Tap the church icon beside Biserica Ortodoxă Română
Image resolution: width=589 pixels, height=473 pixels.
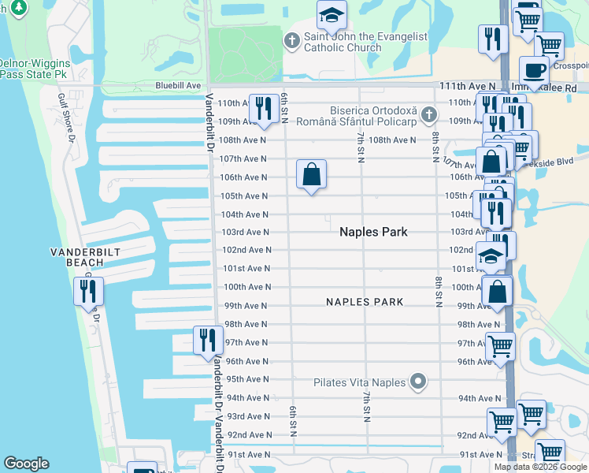(x=428, y=115)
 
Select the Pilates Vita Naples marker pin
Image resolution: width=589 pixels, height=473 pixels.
(x=419, y=383)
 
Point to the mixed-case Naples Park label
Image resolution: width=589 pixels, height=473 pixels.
(x=373, y=232)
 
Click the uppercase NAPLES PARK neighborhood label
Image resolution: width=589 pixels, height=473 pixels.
(x=365, y=302)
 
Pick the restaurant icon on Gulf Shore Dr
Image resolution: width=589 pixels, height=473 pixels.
(x=87, y=291)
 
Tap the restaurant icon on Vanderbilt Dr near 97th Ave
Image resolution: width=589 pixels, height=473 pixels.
(x=208, y=340)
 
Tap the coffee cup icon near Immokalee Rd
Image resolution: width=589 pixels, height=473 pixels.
(x=535, y=69)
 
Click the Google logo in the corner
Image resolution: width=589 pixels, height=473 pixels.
(x=26, y=464)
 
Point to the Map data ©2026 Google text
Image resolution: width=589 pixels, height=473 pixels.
(x=540, y=467)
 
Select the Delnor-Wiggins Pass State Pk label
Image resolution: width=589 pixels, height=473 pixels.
(x=35, y=68)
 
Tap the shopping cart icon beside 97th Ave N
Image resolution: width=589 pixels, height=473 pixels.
(x=499, y=345)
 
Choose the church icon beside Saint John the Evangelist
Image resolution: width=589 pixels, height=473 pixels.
(x=292, y=41)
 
